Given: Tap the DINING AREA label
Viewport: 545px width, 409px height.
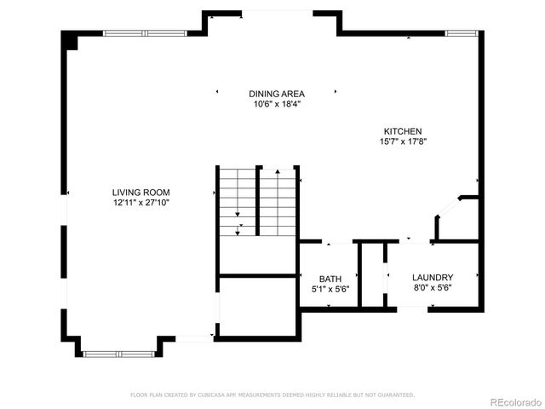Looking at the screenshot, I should (x=277, y=94).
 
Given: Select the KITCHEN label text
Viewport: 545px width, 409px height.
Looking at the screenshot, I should (x=402, y=131).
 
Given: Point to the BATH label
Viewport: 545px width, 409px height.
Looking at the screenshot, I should (x=330, y=279).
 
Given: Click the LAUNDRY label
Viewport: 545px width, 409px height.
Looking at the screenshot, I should (x=432, y=278).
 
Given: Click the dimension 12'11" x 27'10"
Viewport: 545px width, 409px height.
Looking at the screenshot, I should (x=141, y=203).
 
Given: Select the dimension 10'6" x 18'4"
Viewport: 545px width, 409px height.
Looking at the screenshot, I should (x=277, y=104).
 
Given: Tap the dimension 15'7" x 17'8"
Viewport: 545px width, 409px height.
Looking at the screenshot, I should (x=402, y=141).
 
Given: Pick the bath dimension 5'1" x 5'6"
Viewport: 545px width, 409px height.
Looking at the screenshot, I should (x=330, y=290).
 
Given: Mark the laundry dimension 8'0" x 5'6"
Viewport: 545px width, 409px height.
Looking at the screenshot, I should (x=432, y=289).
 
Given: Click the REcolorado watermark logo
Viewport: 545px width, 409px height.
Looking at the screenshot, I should (x=513, y=401).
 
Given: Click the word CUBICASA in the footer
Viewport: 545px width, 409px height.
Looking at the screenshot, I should (x=216, y=395).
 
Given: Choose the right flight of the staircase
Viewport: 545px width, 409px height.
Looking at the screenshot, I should (x=278, y=202).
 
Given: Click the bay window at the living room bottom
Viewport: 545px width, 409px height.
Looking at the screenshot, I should (x=118, y=353).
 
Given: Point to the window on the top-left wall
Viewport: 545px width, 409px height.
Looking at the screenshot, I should (x=144, y=33).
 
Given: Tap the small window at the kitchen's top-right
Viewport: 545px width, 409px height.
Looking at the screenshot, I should (x=460, y=33).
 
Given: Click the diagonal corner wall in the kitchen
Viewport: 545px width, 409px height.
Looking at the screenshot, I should (x=448, y=206).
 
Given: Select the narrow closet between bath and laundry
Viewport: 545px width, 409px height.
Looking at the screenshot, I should (x=372, y=274).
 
